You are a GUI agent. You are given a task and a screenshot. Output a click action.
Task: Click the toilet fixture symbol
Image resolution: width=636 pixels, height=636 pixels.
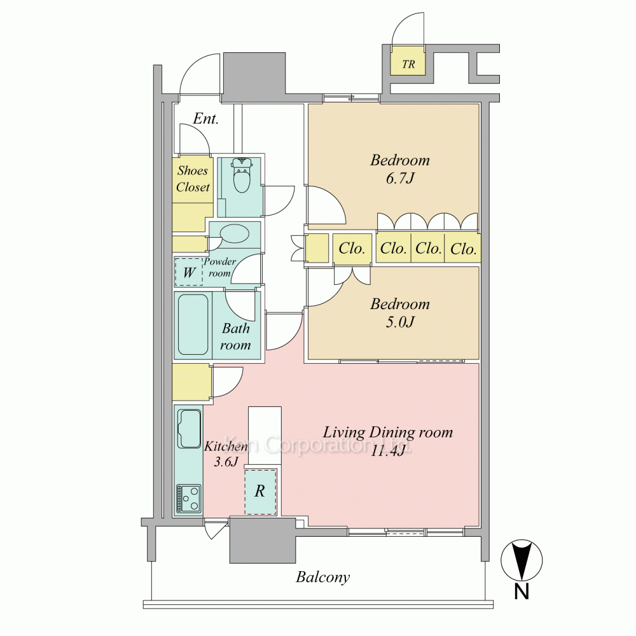pos(242,176)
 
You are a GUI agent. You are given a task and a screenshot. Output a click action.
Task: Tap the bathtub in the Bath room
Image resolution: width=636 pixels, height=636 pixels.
pos(193,324)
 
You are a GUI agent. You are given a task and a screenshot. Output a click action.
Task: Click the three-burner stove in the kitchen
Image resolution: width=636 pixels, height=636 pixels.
pos(189,499)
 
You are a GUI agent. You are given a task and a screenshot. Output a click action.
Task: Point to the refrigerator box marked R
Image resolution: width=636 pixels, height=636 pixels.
pos(260,492)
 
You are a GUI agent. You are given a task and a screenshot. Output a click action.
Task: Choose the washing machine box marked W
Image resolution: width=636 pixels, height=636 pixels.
pos(189,272)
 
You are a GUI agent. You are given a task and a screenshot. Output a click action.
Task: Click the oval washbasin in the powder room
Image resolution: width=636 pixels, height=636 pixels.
pos(235,234)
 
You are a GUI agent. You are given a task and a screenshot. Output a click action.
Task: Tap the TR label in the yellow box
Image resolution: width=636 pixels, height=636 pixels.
pos(408,64)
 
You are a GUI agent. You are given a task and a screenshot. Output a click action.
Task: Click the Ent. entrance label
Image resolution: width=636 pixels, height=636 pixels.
pos(205,118)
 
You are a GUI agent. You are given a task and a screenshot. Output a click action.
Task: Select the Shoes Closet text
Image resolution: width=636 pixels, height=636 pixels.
pos(193,179)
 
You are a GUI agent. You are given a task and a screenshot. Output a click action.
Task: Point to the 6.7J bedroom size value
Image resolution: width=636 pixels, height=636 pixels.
pos(400,179)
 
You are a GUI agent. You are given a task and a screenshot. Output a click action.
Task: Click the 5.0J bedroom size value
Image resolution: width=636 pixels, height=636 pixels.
pos(400,322)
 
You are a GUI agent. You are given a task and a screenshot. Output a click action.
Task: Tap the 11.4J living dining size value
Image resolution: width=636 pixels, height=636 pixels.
pos(388,451)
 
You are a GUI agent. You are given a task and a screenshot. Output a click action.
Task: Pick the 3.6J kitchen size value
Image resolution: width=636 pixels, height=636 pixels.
pos(226,462)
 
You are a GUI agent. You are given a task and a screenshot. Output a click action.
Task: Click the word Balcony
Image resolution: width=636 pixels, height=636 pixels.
pos(323,577)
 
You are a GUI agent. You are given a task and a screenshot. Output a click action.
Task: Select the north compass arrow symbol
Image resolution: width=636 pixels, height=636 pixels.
pos(522,560)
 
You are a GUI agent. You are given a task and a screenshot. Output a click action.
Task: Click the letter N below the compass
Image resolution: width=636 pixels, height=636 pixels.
pos(522,591)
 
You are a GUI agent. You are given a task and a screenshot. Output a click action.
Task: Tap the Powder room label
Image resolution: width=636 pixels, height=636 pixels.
pos(220,267)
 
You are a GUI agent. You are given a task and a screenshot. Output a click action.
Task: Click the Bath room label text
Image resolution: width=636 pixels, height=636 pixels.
pos(236,336)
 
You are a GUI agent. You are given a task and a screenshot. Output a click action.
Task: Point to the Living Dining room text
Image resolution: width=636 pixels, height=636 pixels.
pos(388,432)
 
